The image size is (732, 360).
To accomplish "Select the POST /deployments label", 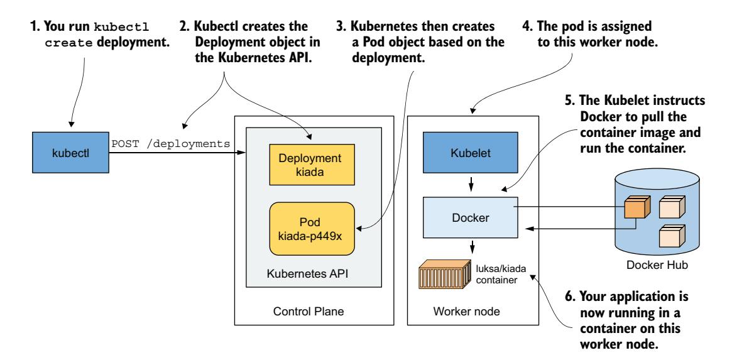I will click(170, 143).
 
